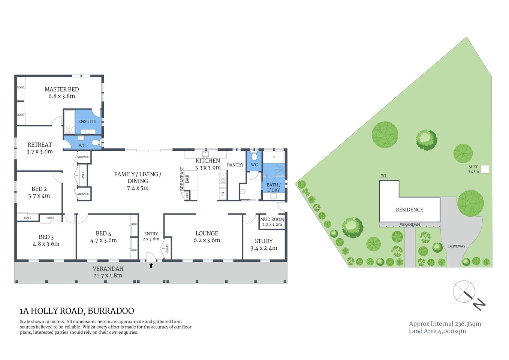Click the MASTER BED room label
click(61, 89)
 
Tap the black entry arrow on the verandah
click(151, 265)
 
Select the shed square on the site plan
click(485, 169)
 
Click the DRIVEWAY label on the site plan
click(457, 246)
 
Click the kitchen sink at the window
click(205, 154)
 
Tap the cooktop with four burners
click(223, 179)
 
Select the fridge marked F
click(223, 194)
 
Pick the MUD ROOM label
click(272, 219)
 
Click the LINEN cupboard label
click(83, 175)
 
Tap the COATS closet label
click(167, 249)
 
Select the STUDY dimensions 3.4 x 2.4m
click(264, 248)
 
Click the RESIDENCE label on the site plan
click(409, 210)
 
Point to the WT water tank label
click(383, 175)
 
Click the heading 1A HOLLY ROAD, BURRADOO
click(77, 311)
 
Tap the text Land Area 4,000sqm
click(437, 331)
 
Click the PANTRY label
click(235, 165)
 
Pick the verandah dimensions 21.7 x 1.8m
click(108, 276)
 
